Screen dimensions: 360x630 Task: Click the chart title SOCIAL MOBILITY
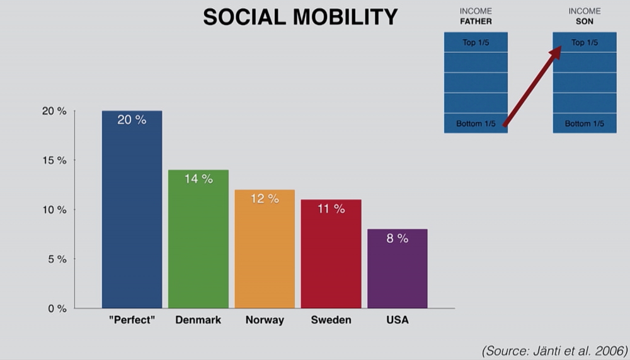pos(300,17)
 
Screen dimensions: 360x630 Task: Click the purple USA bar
pos(398,271)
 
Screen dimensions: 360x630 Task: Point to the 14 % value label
pos(198,179)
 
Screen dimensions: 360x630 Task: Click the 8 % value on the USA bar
pos(398,238)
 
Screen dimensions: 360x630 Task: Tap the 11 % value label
pos(331,209)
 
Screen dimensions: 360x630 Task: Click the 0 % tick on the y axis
pos(57,308)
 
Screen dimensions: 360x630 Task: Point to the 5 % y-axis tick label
pos(57,259)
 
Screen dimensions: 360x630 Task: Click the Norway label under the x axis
pos(265,320)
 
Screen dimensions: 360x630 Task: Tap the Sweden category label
pos(331,320)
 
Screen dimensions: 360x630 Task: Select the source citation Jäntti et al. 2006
pos(554,350)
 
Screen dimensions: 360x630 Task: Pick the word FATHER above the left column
pos(476,21)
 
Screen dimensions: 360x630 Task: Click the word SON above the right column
pos(584,21)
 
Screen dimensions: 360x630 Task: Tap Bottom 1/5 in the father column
pos(476,124)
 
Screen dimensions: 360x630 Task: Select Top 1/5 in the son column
pos(584,43)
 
